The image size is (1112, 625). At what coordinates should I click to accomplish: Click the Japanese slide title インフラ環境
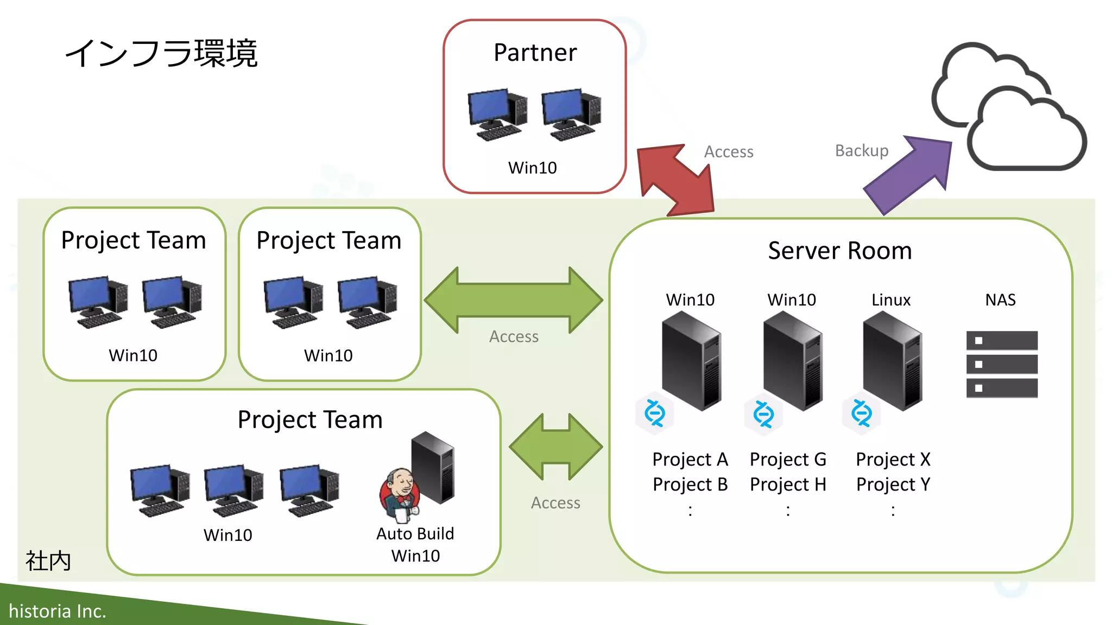161,54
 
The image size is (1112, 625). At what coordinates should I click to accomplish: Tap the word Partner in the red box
535,53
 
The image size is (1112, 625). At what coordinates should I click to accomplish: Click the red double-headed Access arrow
675,180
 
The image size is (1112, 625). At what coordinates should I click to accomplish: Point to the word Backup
862,150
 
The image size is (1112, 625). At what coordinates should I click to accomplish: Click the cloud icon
1010,109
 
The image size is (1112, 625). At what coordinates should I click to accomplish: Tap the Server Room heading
839,251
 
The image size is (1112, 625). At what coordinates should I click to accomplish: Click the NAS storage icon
1002,364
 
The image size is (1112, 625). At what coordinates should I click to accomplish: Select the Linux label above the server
890,300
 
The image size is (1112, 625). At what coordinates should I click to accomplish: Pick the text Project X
893,460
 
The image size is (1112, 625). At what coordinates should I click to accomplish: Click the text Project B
690,484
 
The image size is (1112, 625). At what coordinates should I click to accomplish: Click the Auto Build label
415,534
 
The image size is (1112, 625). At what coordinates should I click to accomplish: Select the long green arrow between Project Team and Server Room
513,299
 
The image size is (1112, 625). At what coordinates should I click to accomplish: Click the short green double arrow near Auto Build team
555,447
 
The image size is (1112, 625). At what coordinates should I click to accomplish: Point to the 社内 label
48,560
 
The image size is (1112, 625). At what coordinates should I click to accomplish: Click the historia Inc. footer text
57,611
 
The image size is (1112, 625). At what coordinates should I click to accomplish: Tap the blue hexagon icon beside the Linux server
862,413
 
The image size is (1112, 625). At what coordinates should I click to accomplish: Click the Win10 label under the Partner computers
532,168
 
